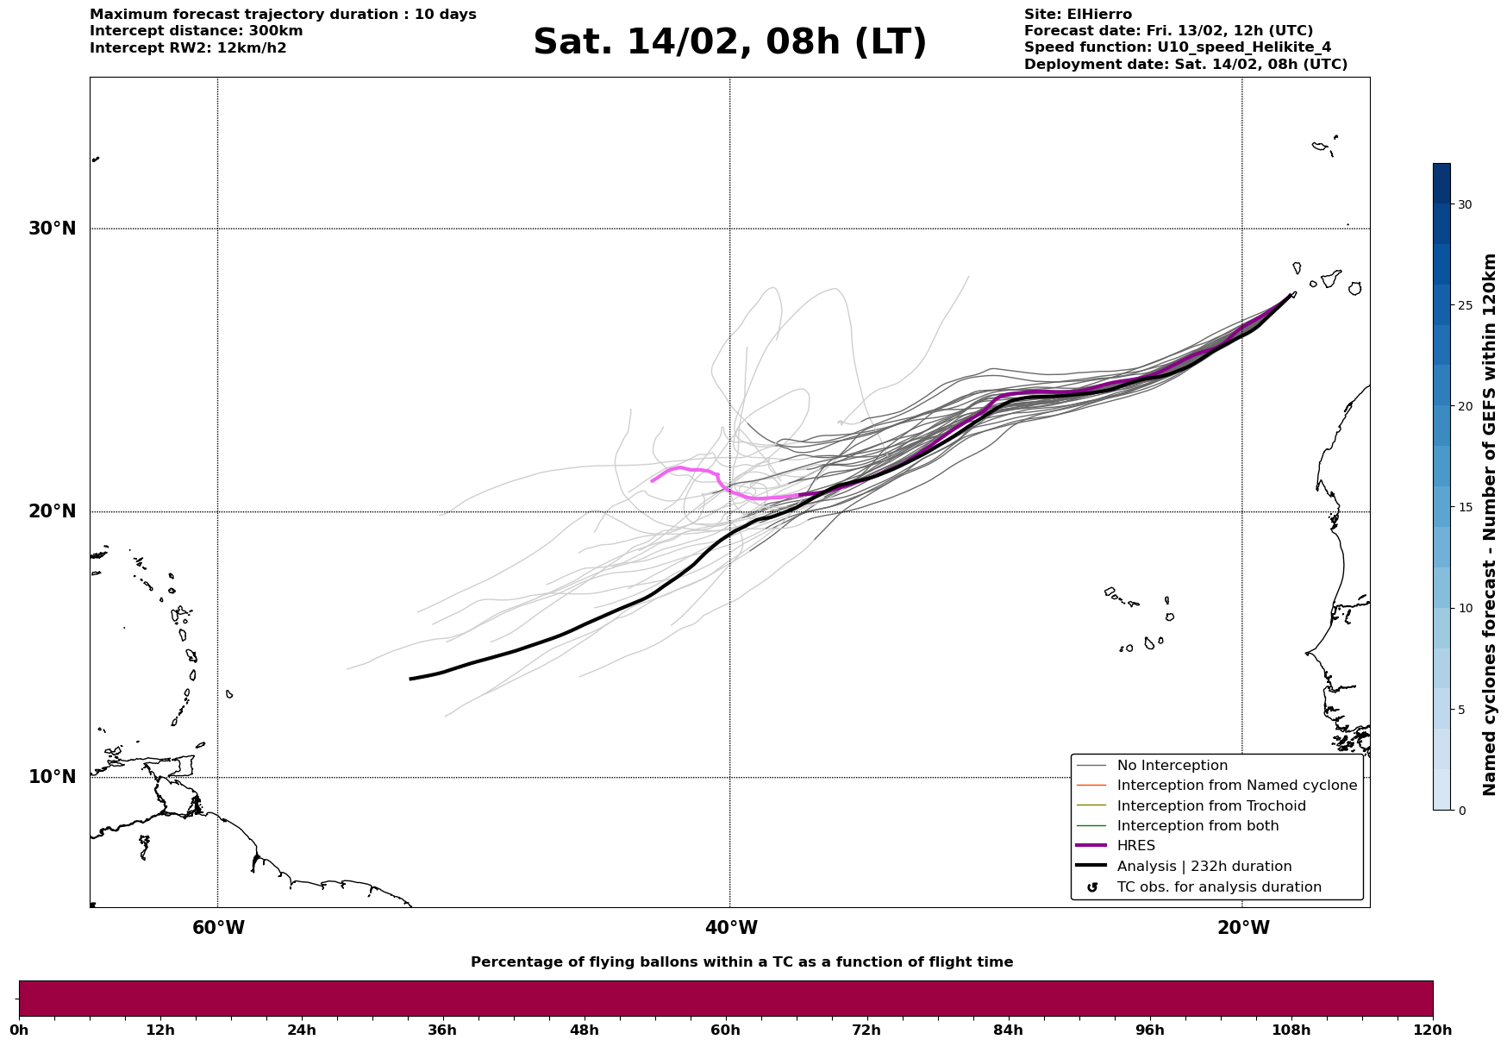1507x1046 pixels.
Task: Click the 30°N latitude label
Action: (x=52, y=229)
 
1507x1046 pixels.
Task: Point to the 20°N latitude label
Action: (x=52, y=511)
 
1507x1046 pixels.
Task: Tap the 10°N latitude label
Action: (x=52, y=777)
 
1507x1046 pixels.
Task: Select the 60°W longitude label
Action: (x=218, y=928)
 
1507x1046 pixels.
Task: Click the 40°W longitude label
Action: (x=731, y=928)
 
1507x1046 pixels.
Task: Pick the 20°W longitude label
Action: (x=1242, y=928)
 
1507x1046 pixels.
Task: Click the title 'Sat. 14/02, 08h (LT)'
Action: (x=729, y=42)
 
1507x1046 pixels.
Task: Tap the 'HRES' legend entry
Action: (x=1135, y=846)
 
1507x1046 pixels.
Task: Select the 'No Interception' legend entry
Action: (x=1172, y=766)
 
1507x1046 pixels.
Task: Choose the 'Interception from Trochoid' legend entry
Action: (x=1210, y=806)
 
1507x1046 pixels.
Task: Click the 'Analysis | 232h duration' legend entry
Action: (x=1204, y=867)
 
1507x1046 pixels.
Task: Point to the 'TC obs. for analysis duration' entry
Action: (x=1218, y=887)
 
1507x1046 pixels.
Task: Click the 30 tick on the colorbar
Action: (x=1465, y=204)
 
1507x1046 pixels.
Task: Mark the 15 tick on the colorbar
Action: (x=1465, y=507)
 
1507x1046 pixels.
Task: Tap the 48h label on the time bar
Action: (x=584, y=1030)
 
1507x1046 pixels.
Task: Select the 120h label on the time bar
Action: (x=1433, y=1030)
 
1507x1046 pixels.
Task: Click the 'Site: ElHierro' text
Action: (x=1078, y=15)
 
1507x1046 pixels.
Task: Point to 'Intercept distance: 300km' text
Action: (x=196, y=31)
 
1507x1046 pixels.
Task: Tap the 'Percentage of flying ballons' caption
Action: (x=741, y=962)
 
